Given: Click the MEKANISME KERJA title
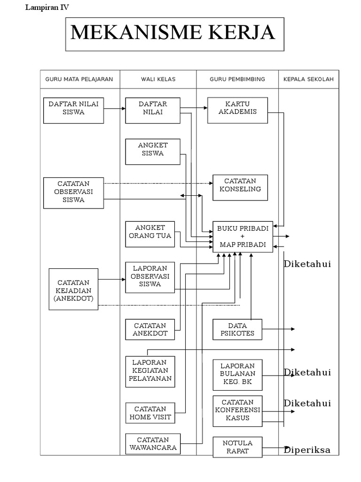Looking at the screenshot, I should coord(174,33).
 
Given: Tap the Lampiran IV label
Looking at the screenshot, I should coord(47,7).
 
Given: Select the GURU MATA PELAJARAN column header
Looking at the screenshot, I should coord(79,79).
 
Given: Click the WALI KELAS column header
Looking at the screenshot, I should coord(158,79).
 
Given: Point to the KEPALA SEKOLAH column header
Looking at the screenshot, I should coord(308,79).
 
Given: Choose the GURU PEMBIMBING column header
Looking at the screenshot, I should coord(237,79).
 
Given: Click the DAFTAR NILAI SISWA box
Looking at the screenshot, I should coord(73,111).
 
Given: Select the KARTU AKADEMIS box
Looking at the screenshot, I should coord(237,110).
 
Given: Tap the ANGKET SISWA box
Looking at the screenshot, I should coord(153,152).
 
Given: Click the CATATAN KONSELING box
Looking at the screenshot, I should coord(240,187).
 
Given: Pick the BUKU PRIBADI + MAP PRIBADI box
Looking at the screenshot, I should coord(243,236).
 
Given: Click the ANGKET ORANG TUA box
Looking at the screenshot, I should coord(150,234).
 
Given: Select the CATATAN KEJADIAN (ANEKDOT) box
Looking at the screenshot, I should coord(73,289).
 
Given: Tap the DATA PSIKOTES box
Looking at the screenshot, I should coord(237,329).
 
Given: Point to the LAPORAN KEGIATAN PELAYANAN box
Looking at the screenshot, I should coord(150,371).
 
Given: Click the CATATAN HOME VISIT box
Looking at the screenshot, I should coord(150,413).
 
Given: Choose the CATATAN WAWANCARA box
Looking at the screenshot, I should coord(153,444).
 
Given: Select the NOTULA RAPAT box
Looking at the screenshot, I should coord(237,447).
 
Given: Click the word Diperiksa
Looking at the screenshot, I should coord(307,450).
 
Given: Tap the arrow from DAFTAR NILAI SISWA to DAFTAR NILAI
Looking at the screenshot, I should coord(114,109).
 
